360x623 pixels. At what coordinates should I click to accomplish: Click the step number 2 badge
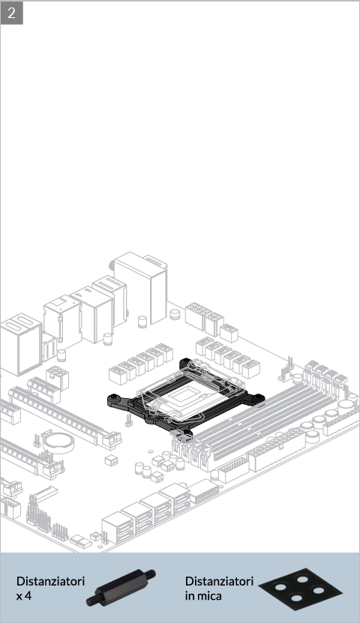pos(11,13)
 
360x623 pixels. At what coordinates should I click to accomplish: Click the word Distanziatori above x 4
pos(50,581)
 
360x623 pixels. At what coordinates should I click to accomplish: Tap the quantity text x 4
pos(24,596)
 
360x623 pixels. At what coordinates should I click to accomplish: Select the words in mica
pos(203,596)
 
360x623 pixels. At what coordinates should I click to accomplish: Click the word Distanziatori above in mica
pos(219,581)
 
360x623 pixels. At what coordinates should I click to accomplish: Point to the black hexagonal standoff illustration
pos(121,588)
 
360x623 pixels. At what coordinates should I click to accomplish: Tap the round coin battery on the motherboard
pos(58,442)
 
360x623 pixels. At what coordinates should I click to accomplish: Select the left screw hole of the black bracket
pos(115,397)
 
